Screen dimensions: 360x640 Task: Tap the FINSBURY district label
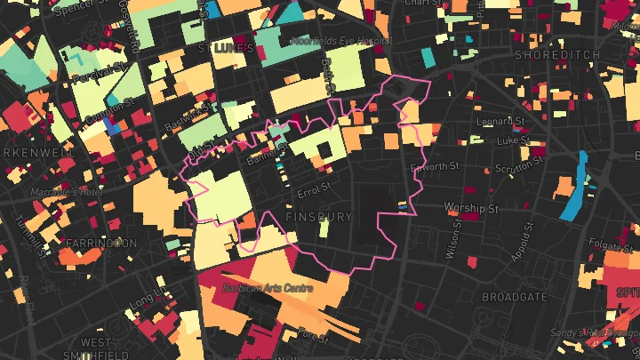click(x=319, y=217)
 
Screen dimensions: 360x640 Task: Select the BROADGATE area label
click(x=514, y=296)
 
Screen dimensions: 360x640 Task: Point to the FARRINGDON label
click(x=101, y=243)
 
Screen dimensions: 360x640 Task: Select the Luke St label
click(x=512, y=140)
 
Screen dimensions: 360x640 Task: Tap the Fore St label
click(x=314, y=335)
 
